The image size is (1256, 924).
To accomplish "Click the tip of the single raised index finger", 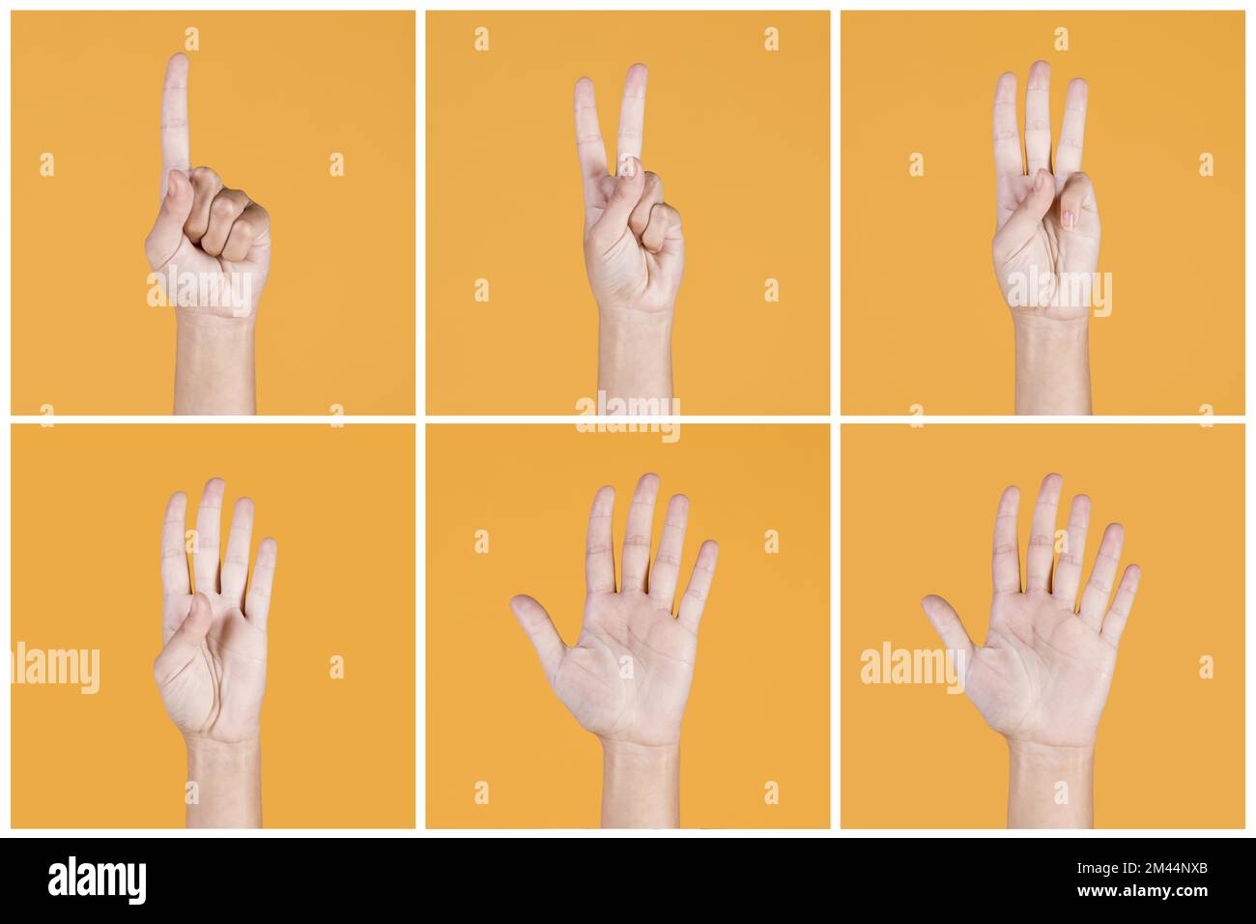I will (x=176, y=63).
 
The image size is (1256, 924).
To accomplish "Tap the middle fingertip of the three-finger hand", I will (x=1039, y=71).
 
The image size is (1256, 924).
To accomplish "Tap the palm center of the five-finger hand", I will (x=633, y=667).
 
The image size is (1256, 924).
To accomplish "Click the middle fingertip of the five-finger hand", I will (x=646, y=482).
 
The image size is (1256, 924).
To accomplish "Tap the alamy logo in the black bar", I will (x=98, y=881).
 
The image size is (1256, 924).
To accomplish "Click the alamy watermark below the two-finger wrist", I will (x=628, y=415).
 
